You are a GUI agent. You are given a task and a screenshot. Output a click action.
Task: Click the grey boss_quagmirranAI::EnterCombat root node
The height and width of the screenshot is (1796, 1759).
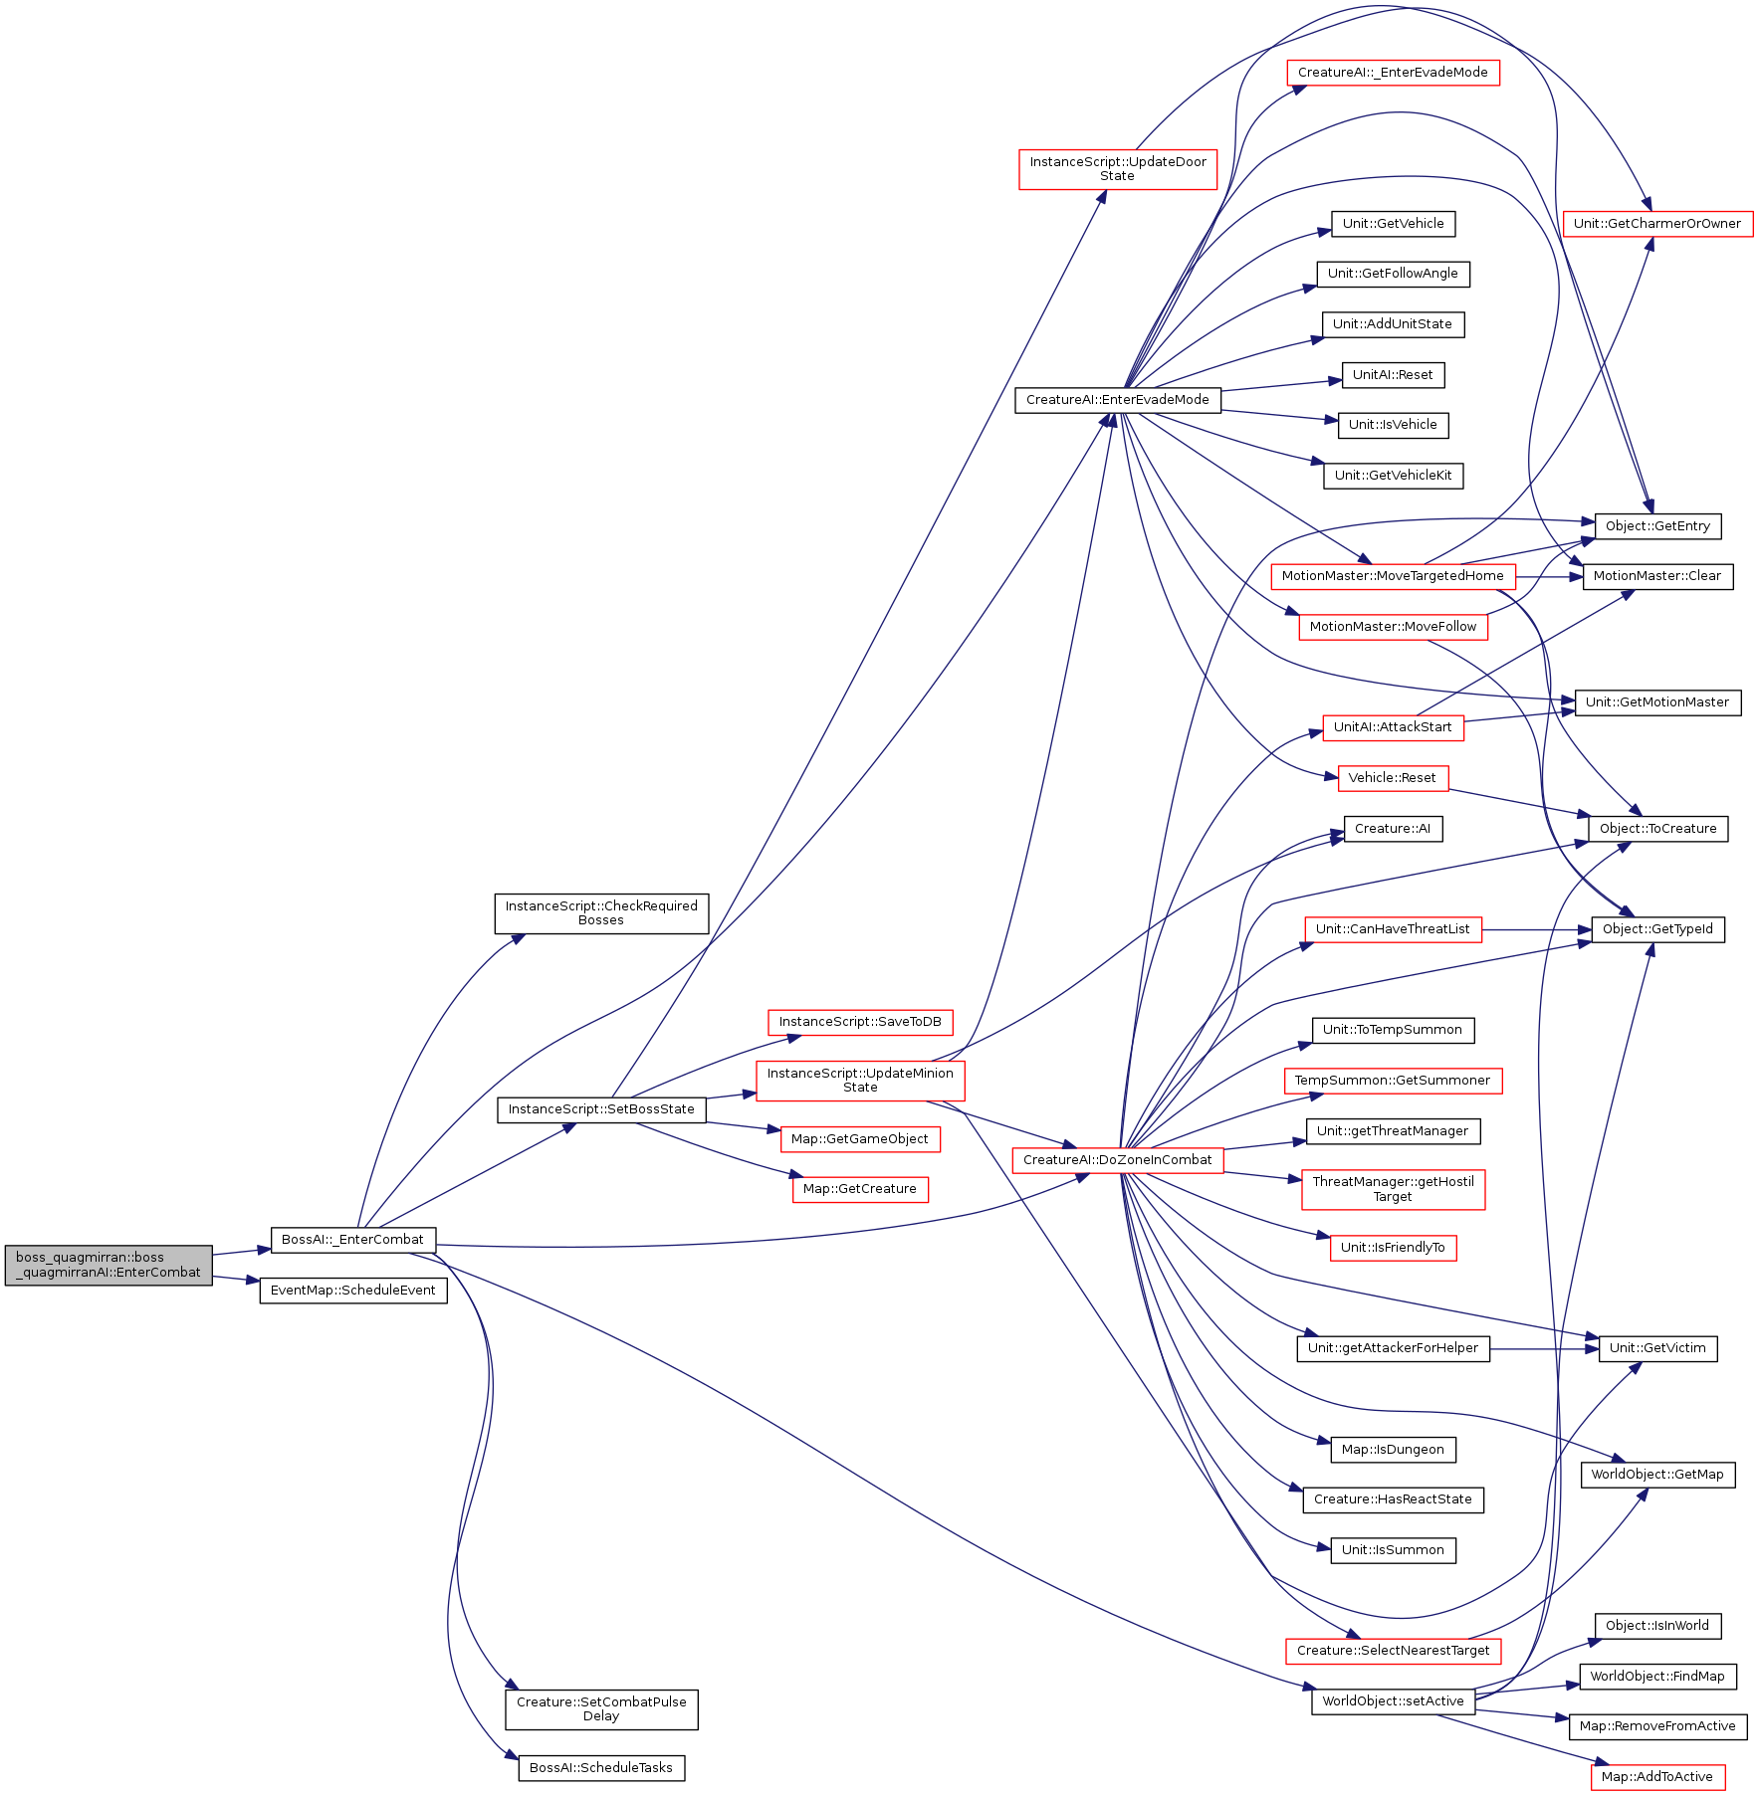109,1265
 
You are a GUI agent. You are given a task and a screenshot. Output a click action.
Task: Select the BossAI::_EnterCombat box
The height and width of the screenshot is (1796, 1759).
352,1240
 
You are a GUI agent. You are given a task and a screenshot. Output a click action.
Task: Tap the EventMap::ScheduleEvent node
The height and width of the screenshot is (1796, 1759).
353,1291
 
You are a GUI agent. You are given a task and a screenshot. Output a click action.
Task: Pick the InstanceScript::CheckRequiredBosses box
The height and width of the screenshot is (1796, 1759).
601,913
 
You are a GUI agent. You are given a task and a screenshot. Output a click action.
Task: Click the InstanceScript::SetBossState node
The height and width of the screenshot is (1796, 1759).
601,1109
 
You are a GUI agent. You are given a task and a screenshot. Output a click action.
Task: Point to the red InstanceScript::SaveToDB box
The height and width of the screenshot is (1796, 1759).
860,1022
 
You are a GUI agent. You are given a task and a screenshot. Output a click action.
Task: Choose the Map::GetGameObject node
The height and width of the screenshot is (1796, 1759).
860,1139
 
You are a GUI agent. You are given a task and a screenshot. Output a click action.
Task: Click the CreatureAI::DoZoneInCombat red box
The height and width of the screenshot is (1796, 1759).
1118,1160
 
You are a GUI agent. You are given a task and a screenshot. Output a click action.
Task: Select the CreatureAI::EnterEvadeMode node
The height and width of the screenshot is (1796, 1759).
1118,400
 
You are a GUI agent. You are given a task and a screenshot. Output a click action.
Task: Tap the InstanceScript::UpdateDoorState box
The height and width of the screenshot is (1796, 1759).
1118,169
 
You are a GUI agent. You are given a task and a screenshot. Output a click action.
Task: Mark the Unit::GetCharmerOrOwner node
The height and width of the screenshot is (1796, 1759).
1657,224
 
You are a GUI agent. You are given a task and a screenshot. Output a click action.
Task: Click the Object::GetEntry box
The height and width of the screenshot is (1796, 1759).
1657,526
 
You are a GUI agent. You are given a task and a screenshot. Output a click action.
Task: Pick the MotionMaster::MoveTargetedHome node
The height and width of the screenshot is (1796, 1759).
1393,576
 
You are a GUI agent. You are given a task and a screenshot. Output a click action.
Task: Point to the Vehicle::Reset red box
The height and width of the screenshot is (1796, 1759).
1393,778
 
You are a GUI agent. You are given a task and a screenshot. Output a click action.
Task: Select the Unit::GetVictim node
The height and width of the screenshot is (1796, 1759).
1657,1349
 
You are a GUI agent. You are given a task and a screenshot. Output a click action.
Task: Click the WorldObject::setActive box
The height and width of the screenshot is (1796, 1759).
1393,1701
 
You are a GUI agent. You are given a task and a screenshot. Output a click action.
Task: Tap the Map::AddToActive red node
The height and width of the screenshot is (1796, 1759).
1657,1777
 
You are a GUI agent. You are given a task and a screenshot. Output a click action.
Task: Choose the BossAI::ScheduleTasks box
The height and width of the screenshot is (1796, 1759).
601,1768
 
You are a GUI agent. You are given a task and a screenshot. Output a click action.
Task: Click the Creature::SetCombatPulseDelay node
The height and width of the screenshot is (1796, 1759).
601,1709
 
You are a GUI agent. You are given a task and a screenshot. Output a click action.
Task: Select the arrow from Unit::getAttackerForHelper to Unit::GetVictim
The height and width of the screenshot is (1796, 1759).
1544,1349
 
